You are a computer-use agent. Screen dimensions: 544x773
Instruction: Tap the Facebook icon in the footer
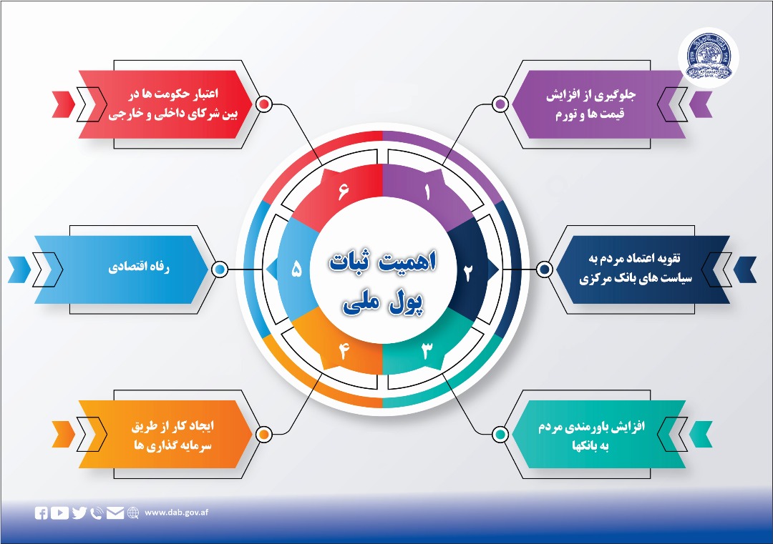pyautogui.click(x=42, y=513)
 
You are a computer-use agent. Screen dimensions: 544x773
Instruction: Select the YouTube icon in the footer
pyautogui.click(x=60, y=513)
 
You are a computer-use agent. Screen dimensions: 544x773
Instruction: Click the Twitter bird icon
pyautogui.click(x=79, y=513)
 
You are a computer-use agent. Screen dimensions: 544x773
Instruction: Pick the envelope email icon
pyautogui.click(x=115, y=513)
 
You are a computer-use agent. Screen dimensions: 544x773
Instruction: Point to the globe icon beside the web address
pyautogui.click(x=132, y=513)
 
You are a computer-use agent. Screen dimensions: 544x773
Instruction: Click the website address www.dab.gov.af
pyautogui.click(x=176, y=513)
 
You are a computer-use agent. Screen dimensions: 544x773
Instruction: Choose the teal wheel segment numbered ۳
pyautogui.click(x=427, y=351)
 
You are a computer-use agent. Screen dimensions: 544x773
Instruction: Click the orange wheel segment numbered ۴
pyautogui.click(x=343, y=352)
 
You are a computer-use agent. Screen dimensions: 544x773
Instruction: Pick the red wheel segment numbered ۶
pyautogui.click(x=342, y=192)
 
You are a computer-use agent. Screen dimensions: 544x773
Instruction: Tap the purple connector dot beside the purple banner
pyautogui.click(x=501, y=104)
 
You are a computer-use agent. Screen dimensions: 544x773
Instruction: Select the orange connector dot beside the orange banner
pyautogui.click(x=263, y=434)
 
